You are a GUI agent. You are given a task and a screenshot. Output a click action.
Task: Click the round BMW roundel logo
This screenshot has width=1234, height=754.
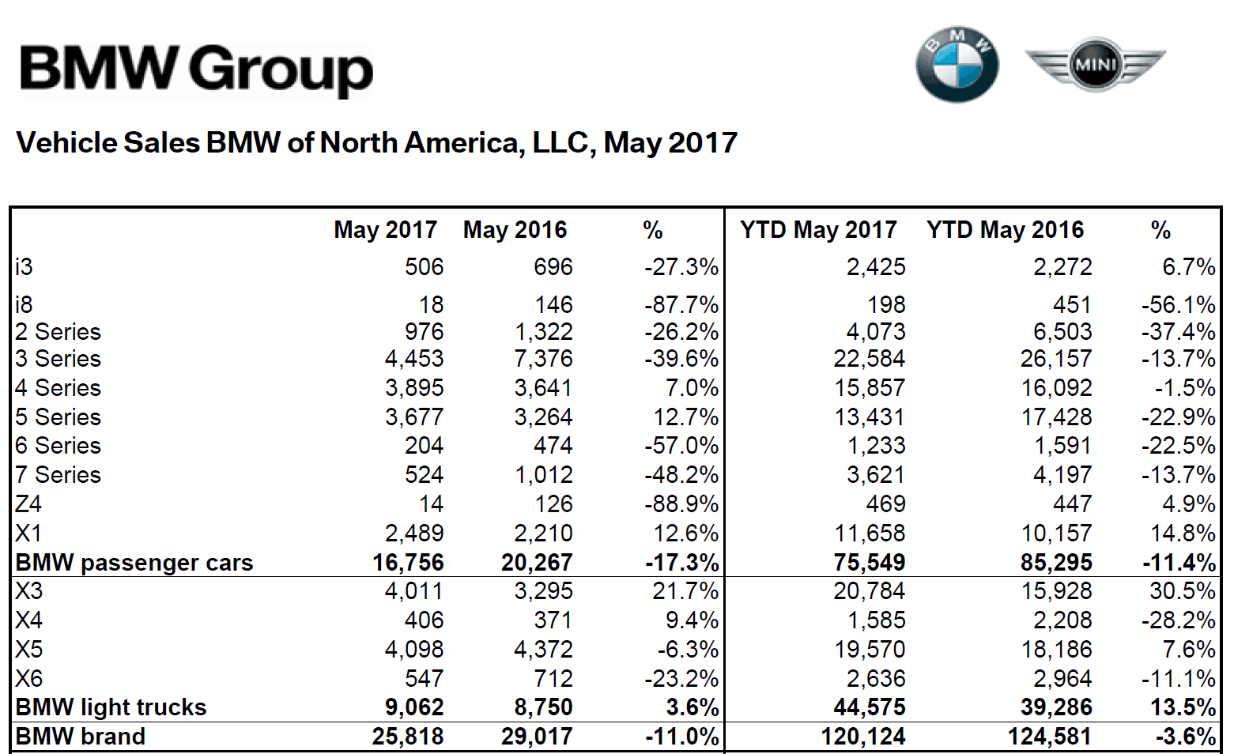point(957,65)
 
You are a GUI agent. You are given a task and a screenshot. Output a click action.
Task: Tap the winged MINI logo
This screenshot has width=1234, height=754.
point(1095,64)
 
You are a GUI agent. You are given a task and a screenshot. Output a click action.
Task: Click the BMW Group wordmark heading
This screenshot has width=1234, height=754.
point(196,69)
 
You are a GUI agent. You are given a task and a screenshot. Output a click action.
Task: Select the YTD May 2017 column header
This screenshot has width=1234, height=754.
point(818,230)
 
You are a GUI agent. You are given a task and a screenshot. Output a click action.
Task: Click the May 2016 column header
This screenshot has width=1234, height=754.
point(515,230)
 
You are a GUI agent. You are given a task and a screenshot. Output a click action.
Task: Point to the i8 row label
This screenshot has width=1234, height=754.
point(24,304)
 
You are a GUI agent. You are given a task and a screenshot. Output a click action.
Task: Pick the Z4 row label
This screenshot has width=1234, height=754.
point(28,504)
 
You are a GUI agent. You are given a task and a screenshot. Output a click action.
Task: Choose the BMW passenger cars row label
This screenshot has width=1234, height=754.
point(134,563)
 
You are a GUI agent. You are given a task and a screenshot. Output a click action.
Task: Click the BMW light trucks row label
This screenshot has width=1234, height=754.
point(111,707)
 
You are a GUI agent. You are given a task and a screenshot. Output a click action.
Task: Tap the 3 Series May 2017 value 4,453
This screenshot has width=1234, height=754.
point(414,359)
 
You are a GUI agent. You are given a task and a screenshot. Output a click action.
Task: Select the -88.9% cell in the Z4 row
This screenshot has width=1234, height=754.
point(681,504)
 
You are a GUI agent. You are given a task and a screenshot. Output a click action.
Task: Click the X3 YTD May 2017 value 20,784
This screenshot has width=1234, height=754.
point(870,591)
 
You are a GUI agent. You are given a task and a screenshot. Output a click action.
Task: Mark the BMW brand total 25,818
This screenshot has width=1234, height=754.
point(408,737)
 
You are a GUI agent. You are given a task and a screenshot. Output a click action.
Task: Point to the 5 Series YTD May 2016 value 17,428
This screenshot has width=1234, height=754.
point(1056,417)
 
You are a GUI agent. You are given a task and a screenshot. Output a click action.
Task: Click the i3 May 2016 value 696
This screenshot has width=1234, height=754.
point(553,267)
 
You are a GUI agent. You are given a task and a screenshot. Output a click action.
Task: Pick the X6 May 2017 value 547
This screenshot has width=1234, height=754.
point(424,679)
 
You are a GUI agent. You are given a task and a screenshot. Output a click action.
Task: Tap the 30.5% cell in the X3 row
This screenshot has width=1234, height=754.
point(1183,591)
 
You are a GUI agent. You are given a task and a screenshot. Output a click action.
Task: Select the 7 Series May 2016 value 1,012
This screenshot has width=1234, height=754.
point(543,475)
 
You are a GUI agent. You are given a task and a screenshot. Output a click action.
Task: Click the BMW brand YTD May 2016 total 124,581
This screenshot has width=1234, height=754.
point(1049,737)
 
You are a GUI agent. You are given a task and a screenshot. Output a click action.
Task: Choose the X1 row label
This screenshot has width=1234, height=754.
point(28,533)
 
